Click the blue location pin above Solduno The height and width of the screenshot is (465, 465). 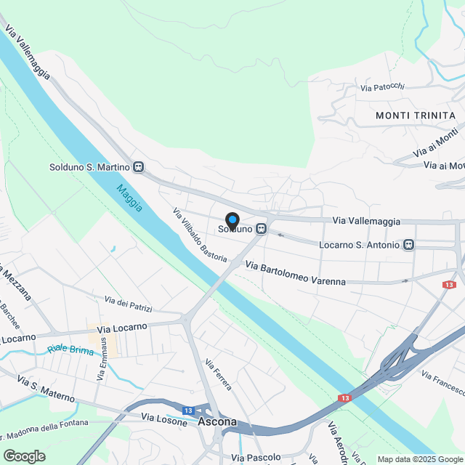coord(232,219)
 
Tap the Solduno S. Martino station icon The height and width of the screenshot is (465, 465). coord(138,167)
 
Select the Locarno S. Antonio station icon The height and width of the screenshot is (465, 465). coord(409,245)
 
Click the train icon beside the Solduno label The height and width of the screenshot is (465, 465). coord(260,229)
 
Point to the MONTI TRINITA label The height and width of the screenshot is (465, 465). coord(416,116)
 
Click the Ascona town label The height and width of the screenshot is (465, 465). coord(217,423)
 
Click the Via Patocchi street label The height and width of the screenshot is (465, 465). coord(382,87)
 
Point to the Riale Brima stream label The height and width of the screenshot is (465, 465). coord(70,349)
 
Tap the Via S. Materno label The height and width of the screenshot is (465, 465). coord(46,389)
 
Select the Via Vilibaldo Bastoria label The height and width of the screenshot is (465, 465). coord(200,237)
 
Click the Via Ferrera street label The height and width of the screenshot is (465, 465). coord(218,375)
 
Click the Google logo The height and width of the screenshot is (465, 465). coord(24,456)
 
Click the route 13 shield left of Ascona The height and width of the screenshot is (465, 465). coord(188,411)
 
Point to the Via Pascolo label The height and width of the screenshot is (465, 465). coord(256,458)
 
